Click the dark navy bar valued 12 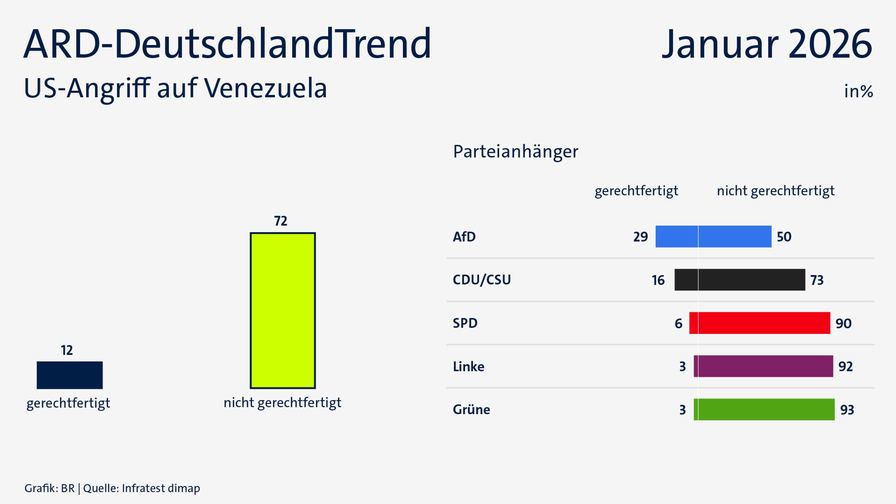(x=70, y=375)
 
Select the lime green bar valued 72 (x=283, y=310)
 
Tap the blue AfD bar (x=713, y=236)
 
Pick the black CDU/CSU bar (x=739, y=280)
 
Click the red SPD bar (x=759, y=323)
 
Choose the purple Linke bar (x=763, y=366)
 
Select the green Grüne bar (x=764, y=410)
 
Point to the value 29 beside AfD (x=640, y=237)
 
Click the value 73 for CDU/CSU (x=817, y=280)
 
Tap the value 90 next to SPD (x=843, y=323)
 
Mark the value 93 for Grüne (x=847, y=410)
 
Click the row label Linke (x=469, y=367)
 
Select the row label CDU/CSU (x=482, y=280)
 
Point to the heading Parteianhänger (x=515, y=152)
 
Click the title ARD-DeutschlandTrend (x=227, y=44)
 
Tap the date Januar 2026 (x=767, y=44)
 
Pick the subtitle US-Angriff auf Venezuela (x=175, y=88)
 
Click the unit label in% (x=858, y=91)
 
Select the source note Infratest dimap (x=161, y=488)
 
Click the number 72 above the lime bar (x=281, y=221)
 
